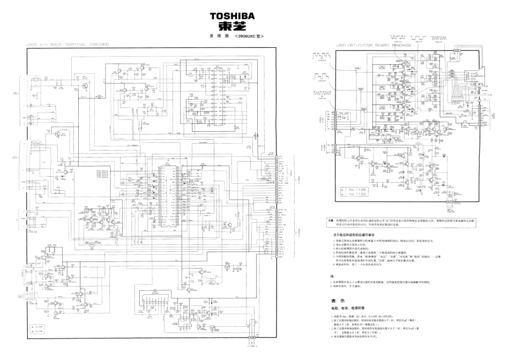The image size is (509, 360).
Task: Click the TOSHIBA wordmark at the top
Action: pyautogui.click(x=232, y=15)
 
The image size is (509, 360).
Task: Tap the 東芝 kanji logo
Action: pyautogui.click(x=232, y=26)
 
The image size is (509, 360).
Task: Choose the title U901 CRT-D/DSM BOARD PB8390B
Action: pyautogui.click(x=370, y=46)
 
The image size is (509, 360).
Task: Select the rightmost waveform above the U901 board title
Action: pyautogui.click(x=438, y=38)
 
